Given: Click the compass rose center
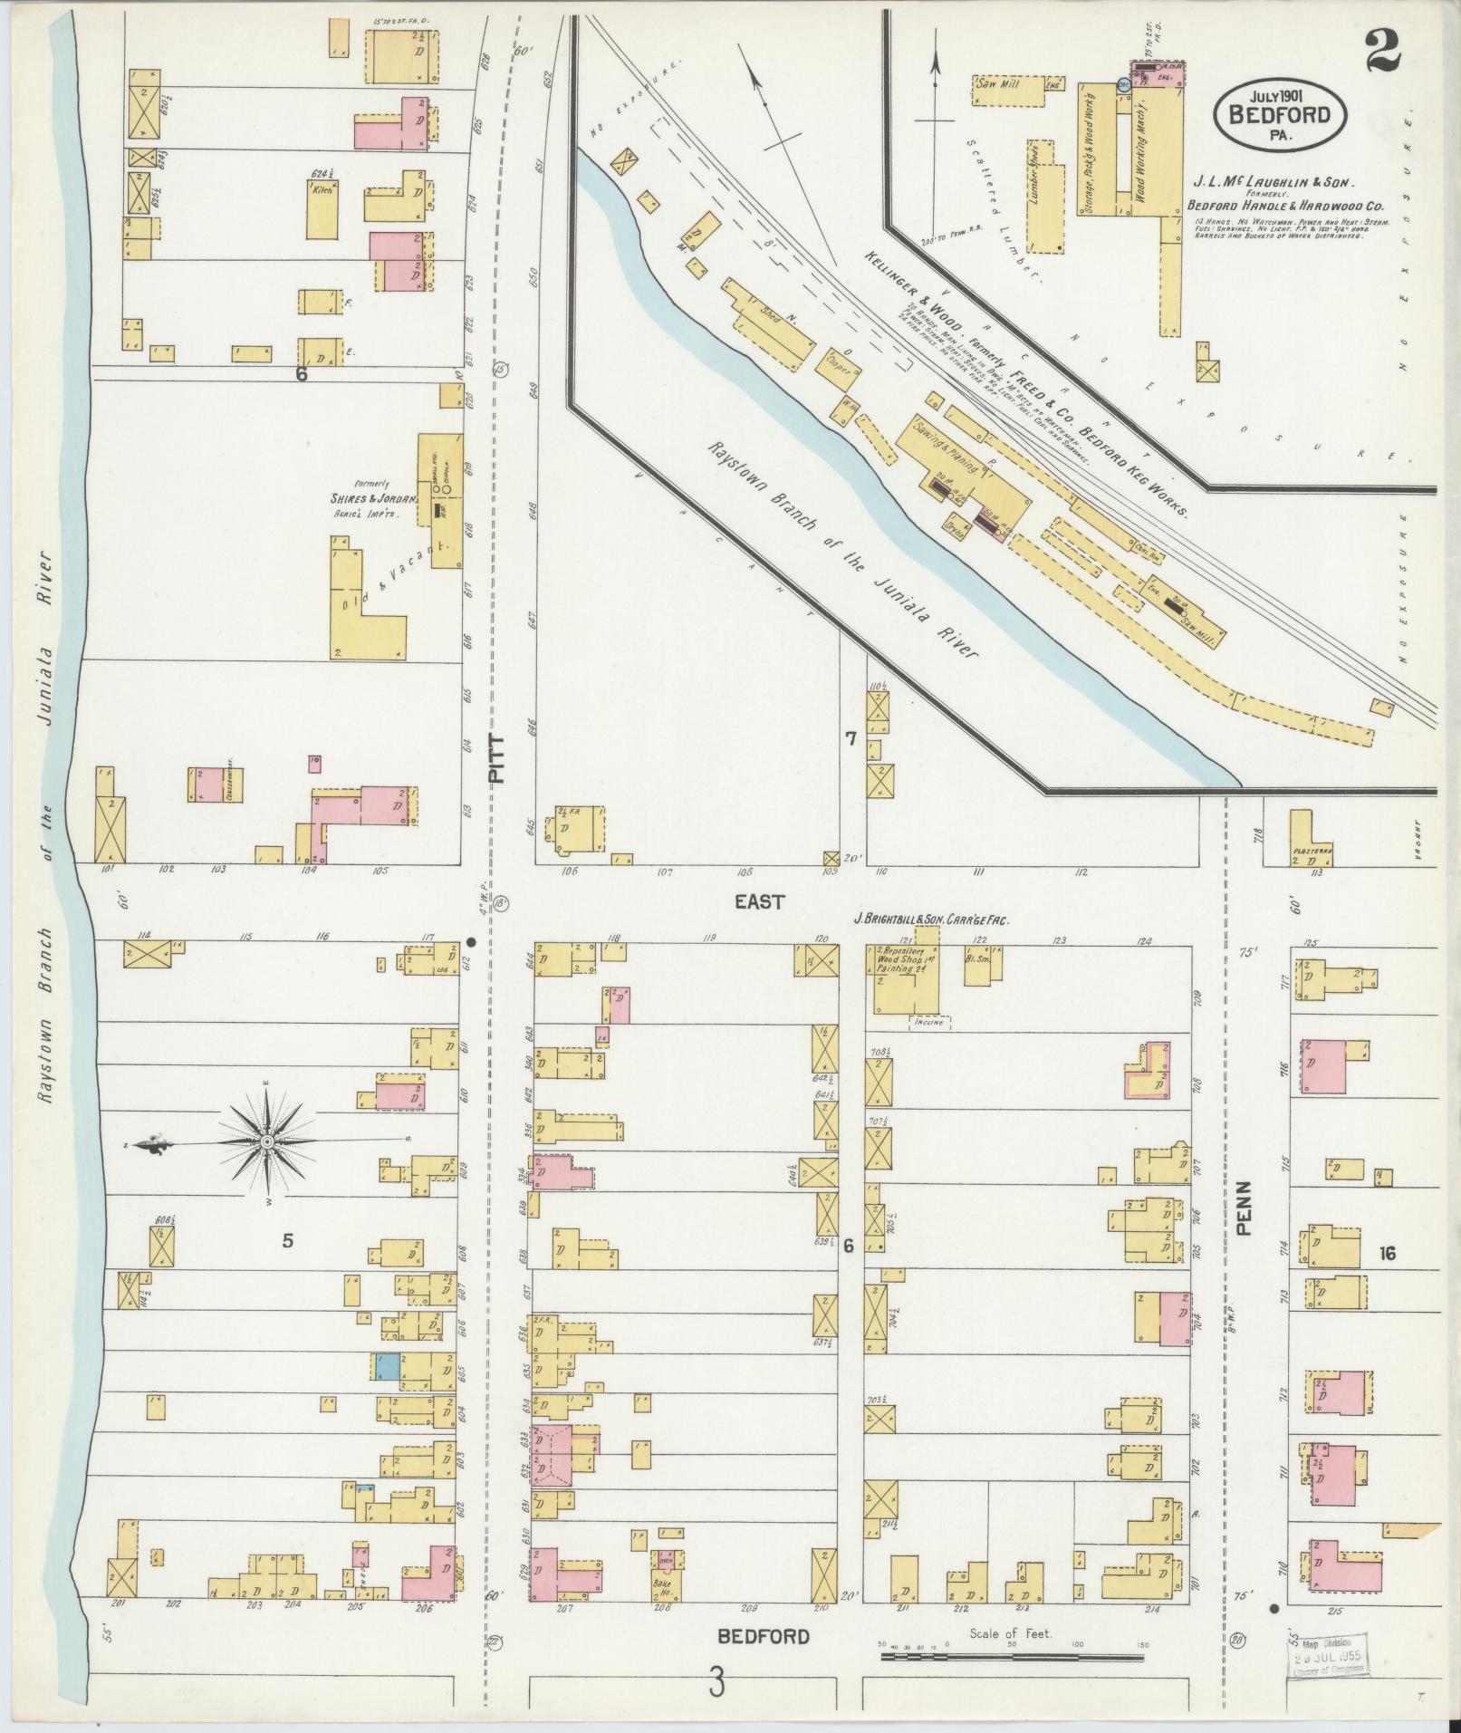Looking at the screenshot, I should pyautogui.click(x=267, y=1143).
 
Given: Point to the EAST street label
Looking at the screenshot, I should pyautogui.click(x=759, y=902).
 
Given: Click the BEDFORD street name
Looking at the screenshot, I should pyautogui.click(x=763, y=1637).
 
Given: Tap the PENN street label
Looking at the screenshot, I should pyautogui.click(x=1243, y=1207).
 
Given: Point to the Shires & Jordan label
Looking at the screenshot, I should pyautogui.click(x=372, y=498).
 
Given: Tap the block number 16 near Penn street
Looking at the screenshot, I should pyautogui.click(x=1386, y=1254).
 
